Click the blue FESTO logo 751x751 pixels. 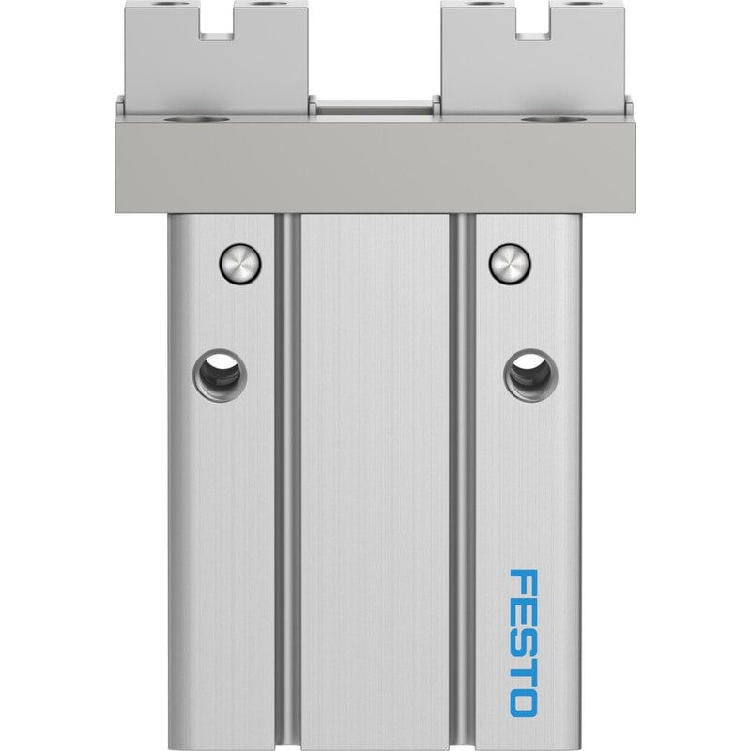[x=523, y=643]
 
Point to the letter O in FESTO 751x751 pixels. [x=523, y=702]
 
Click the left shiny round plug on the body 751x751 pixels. [x=240, y=264]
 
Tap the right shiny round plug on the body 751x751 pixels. [x=510, y=264]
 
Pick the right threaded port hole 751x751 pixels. [x=530, y=375]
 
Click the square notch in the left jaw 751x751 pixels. [x=217, y=30]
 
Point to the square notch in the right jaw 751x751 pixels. [x=532, y=30]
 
